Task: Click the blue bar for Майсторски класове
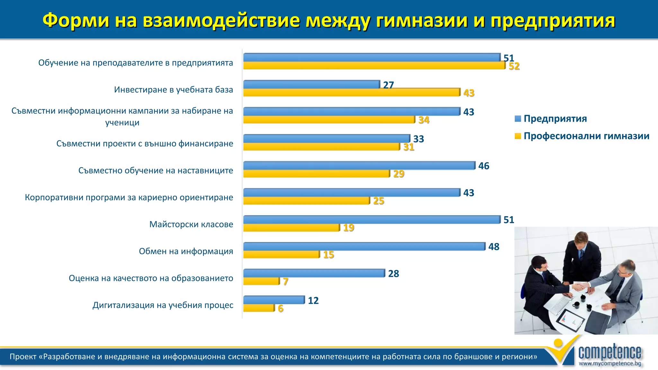(372, 220)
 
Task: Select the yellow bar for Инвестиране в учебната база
(351, 92)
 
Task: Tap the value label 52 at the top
(514, 66)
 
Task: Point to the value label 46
(484, 166)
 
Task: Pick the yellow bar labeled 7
(261, 281)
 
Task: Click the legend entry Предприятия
(555, 119)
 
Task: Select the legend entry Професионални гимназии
(586, 136)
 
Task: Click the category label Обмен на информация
(186, 251)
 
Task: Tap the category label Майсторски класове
(191, 224)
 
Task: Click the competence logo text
(609, 352)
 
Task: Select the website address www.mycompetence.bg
(609, 364)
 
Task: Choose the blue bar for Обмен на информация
(364, 247)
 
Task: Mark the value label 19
(349, 228)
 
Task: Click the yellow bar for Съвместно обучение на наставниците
(316, 174)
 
